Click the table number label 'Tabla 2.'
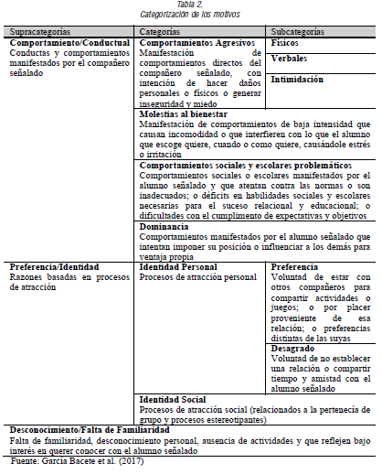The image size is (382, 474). point(190,5)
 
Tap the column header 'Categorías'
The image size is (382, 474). point(161,31)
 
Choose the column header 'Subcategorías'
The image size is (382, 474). point(298,31)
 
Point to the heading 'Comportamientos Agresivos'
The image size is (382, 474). point(196,42)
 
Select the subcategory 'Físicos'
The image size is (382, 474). point(285,42)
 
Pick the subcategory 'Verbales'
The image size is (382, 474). point(289,59)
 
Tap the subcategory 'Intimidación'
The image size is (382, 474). point(297,80)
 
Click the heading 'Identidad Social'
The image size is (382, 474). point(173,399)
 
